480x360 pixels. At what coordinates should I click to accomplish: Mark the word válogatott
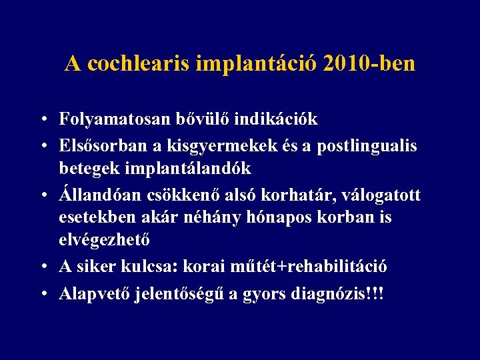coord(385,193)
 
